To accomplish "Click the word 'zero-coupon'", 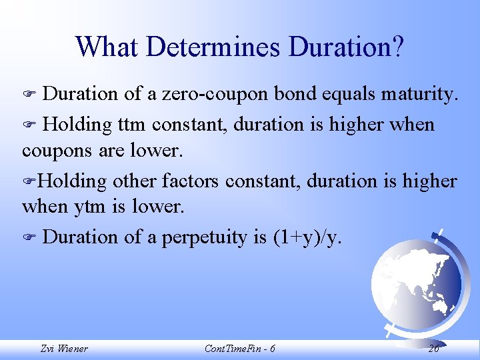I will pos(220,95).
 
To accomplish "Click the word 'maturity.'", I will pos(420,95).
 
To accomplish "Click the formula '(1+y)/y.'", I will pos(307,237).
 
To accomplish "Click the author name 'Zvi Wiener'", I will pos(64,348).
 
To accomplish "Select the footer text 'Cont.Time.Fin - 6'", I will pos(239,348).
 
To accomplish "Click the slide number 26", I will pos(433,348).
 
